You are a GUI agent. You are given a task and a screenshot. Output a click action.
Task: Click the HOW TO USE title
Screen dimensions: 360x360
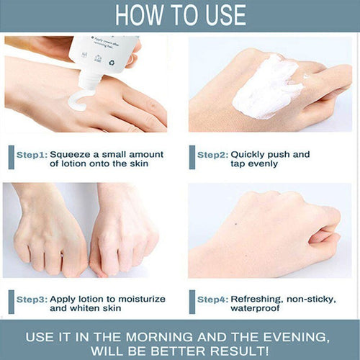coord(180,15)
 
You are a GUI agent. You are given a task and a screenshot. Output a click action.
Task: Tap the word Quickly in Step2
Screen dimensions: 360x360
coord(252,154)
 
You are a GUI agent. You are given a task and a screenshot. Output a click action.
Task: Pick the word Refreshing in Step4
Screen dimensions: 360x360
coord(259,299)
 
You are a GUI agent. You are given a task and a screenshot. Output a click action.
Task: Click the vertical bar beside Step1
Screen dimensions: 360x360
coord(12,158)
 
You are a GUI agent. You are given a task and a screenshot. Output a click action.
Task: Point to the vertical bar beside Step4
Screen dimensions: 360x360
coord(192,302)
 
